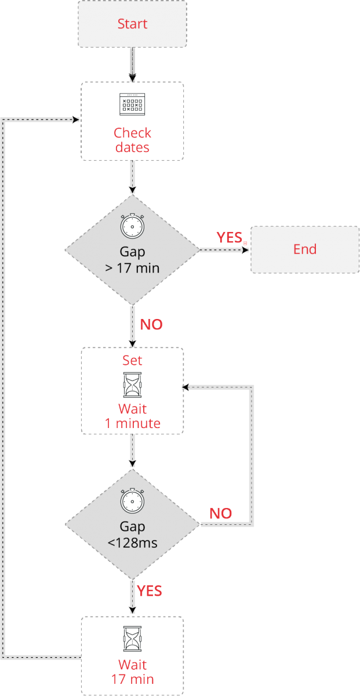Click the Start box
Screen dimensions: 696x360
132,24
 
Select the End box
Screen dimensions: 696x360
305,249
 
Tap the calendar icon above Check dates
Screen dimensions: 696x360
132,104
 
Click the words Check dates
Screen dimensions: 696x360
132,140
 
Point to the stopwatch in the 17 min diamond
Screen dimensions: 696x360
132,226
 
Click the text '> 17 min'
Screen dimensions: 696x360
132,268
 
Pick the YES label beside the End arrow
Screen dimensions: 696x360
230,237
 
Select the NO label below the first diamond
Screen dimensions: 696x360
151,325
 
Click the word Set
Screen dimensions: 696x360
132,360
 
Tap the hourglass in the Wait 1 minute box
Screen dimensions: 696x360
132,385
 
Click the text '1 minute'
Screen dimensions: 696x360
132,423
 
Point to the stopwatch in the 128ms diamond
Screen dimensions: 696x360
132,501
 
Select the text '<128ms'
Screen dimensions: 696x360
132,543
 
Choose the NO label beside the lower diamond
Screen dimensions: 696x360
220,513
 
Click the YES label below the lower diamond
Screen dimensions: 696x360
150,591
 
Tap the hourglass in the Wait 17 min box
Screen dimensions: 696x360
132,639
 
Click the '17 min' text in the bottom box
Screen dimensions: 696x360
132,679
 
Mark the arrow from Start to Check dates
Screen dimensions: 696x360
132,64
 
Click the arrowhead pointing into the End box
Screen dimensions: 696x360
246,250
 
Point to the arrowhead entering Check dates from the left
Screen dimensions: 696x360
76,120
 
